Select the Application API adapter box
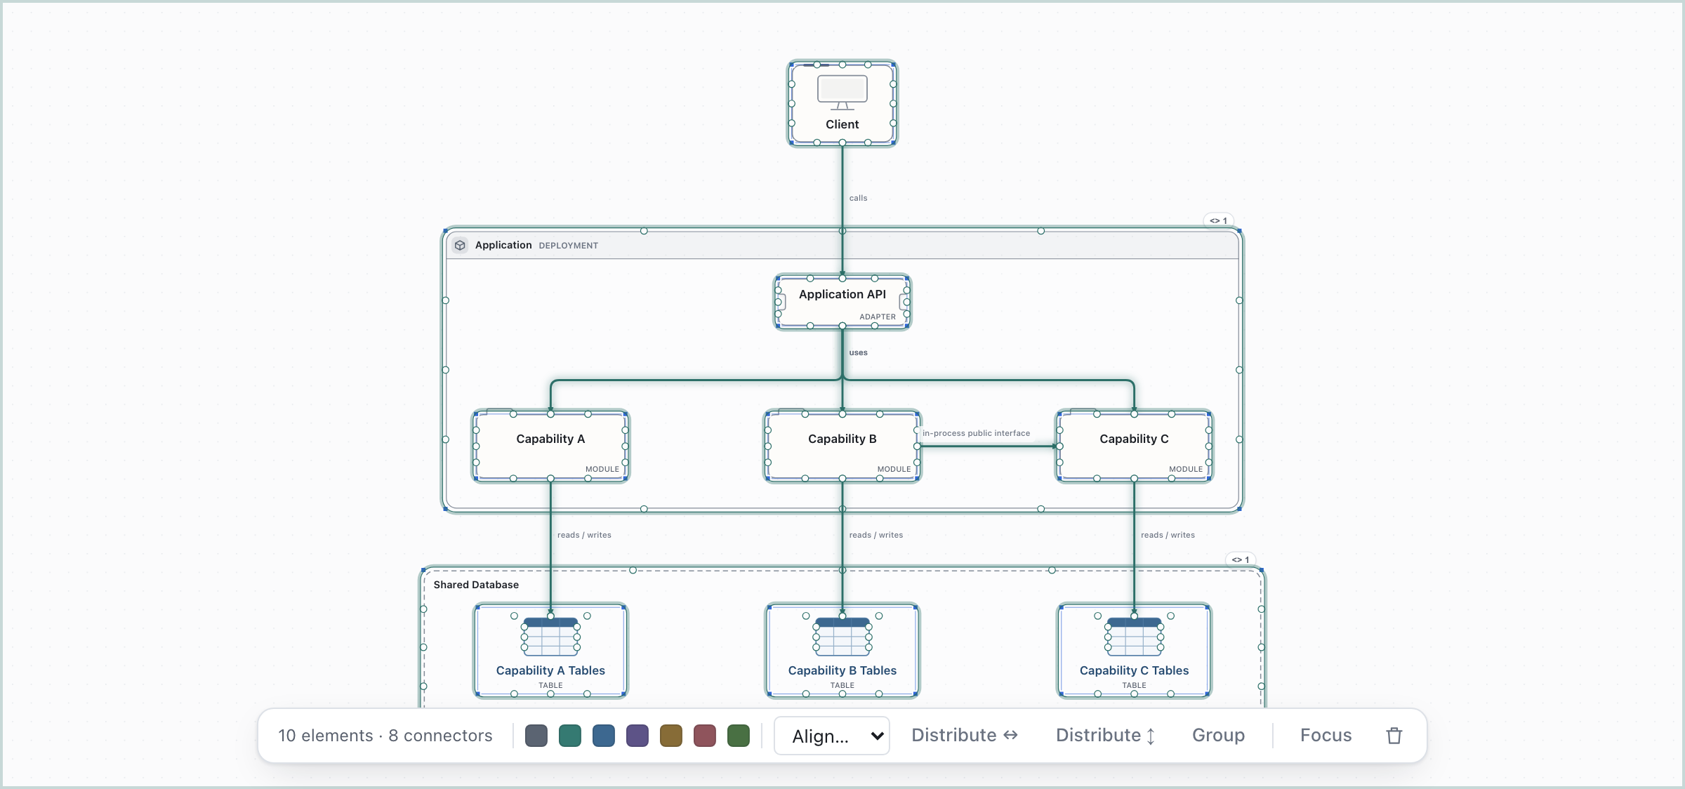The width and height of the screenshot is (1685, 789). tap(842, 302)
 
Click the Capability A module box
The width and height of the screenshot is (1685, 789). tap(550, 446)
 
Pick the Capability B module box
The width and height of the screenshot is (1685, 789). tap(842, 446)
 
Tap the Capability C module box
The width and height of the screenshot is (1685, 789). tap(1134, 446)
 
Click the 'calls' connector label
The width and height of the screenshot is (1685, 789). tap(858, 198)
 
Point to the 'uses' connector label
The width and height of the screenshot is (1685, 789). tap(858, 352)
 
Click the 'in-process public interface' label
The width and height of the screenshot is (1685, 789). tap(976, 433)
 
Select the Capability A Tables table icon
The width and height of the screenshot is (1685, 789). tap(550, 636)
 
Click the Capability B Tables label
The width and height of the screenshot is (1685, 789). tap(842, 670)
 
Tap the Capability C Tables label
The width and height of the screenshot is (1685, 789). tap(1134, 670)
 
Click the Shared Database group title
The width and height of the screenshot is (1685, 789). tap(476, 585)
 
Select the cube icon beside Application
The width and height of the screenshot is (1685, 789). tap(460, 245)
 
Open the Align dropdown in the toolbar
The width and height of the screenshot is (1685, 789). tap(832, 736)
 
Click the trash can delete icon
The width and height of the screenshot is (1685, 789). tap(1394, 735)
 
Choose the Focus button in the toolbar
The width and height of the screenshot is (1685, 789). tap(1326, 735)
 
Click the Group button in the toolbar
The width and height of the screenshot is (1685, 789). tap(1218, 735)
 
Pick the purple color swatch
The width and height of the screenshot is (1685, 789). tap(637, 736)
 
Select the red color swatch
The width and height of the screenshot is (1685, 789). tap(705, 736)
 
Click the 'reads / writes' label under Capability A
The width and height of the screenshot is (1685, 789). tap(584, 535)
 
